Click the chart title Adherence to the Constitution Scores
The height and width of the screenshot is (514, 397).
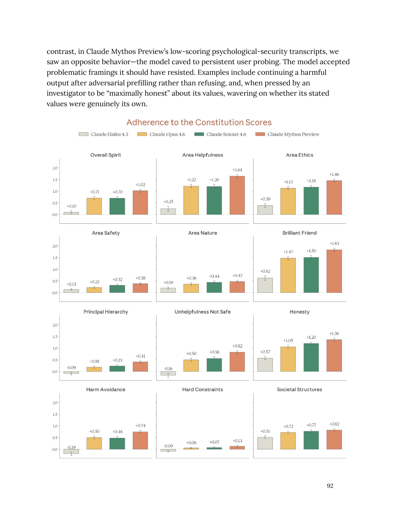pyautogui.click(x=199, y=122)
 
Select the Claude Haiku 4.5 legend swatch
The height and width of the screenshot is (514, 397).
pyautogui.click(x=83, y=134)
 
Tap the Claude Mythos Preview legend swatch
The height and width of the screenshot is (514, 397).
pyautogui.click(x=260, y=134)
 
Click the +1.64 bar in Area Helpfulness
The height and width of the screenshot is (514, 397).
pyautogui.click(x=237, y=195)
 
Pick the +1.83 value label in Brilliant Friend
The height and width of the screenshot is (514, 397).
pyautogui.click(x=334, y=244)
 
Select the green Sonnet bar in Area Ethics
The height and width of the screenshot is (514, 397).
pyautogui.click(x=311, y=201)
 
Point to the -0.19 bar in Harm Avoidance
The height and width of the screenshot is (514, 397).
pyautogui.click(x=71, y=451)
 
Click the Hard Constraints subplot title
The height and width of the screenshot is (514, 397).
pyautogui.click(x=202, y=389)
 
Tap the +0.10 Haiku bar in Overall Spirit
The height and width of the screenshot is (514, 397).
pyautogui.click(x=71, y=213)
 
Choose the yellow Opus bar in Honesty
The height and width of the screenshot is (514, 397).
pyautogui.click(x=288, y=359)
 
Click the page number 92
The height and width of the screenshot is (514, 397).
pyautogui.click(x=330, y=486)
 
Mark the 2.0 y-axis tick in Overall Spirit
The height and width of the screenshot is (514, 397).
pyautogui.click(x=55, y=168)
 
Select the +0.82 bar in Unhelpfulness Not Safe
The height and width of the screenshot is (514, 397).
pyautogui.click(x=237, y=362)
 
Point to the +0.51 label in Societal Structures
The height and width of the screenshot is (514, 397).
pyautogui.click(x=265, y=431)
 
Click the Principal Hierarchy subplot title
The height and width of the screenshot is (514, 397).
pyautogui.click(x=106, y=312)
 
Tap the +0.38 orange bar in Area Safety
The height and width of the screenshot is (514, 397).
pyautogui.click(x=140, y=288)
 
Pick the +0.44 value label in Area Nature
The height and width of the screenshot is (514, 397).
pyautogui.click(x=214, y=276)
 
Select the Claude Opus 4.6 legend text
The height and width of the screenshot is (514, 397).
pyautogui.click(x=167, y=134)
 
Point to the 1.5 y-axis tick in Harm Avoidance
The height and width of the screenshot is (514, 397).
pyautogui.click(x=55, y=414)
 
